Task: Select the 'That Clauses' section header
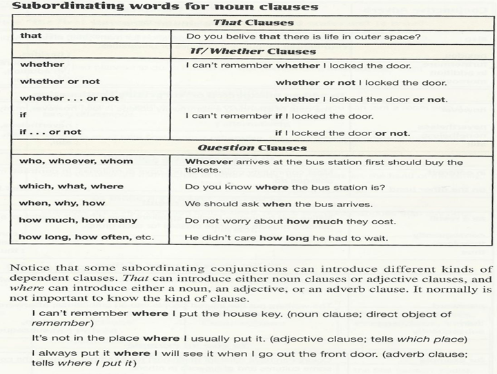tap(253, 23)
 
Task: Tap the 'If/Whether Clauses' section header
tap(253, 51)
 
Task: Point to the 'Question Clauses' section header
tap(253, 148)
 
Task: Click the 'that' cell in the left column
tap(31, 35)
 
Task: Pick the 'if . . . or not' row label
tap(50, 131)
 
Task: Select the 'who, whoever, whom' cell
tap(76, 161)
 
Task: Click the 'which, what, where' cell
tap(72, 186)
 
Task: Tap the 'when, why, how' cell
tap(62, 203)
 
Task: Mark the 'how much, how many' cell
tap(78, 221)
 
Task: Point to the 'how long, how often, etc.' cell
tap(86, 237)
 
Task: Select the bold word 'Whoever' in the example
tap(206, 162)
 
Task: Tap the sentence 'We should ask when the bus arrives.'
tap(278, 204)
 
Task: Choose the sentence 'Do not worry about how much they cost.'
tap(290, 222)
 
